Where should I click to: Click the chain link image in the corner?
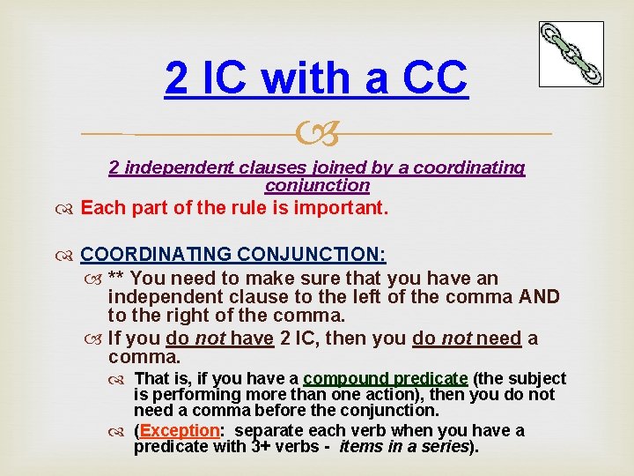[571, 54]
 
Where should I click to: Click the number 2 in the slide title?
[176, 79]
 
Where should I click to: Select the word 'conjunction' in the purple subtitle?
[317, 185]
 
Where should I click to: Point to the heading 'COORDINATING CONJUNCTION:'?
[233, 255]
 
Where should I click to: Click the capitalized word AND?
[539, 296]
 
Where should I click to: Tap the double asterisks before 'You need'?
[115, 279]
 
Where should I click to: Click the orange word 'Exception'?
[179, 430]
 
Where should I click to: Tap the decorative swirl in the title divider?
[317, 135]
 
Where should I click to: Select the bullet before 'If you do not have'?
[95, 338]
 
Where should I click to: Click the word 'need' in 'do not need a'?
[499, 338]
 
